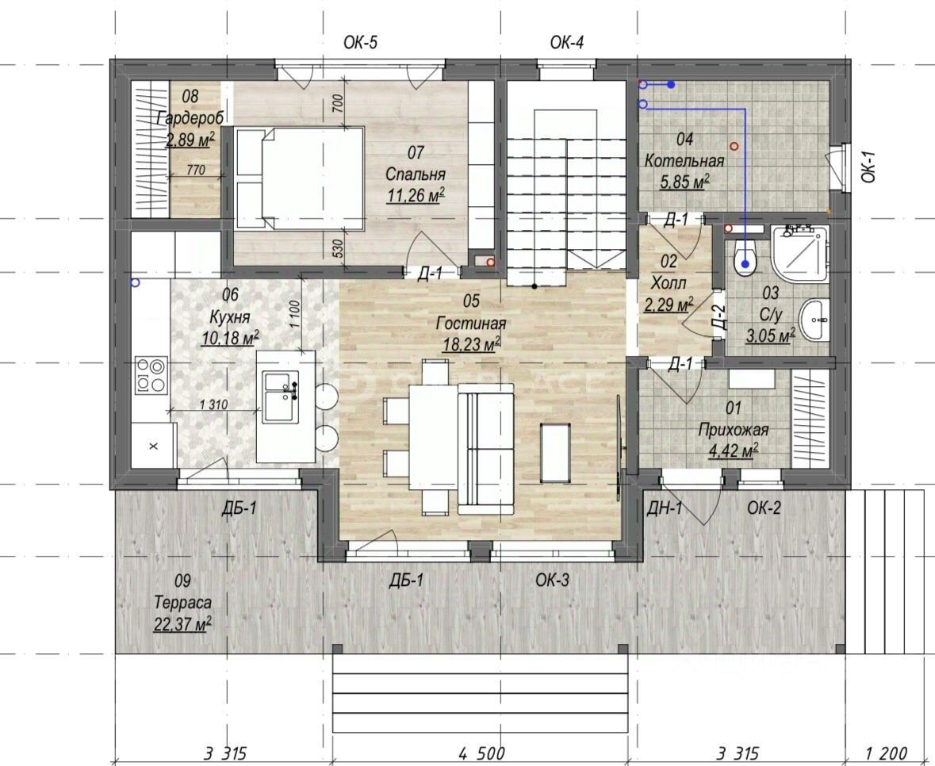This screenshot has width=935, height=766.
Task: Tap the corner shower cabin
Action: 799,254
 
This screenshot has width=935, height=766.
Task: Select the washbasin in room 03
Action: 814,320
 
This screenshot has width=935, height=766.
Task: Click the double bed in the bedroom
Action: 299,178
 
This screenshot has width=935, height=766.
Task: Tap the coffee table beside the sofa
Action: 554,452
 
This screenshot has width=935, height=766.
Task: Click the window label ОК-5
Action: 360,42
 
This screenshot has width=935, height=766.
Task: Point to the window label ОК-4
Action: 566,42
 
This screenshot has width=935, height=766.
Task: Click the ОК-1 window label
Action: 868,167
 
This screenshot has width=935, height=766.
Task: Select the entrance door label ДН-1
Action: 665,508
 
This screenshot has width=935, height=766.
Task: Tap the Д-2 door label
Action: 719,317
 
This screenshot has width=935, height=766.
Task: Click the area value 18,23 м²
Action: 471,344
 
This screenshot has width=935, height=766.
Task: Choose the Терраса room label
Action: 182,602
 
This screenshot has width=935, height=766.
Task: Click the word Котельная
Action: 684,160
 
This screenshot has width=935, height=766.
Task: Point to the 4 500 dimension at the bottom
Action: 482,753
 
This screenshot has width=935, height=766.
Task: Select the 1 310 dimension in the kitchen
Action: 213,404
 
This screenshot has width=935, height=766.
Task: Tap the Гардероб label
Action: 190,117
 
